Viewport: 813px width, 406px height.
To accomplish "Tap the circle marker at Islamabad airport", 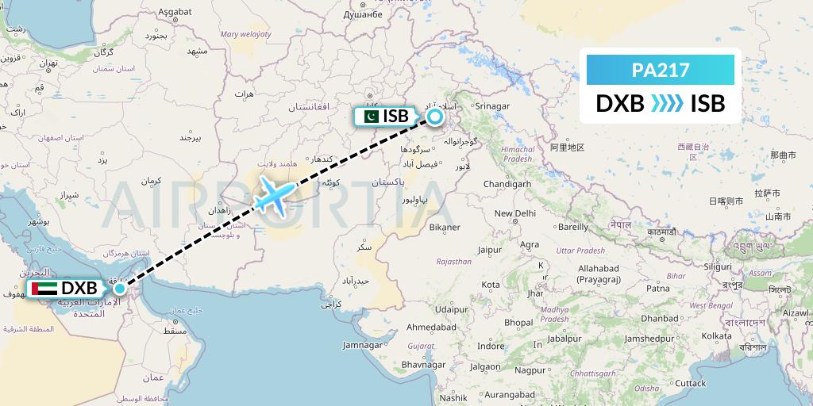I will pyautogui.click(x=435, y=117).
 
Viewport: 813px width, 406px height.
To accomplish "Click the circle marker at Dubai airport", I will pyautogui.click(x=119, y=288).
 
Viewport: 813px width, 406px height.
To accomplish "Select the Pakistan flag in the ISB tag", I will pyautogui.click(x=369, y=117).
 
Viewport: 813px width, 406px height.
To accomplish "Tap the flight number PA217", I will pyautogui.click(x=660, y=70).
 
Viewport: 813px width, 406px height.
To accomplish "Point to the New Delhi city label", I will pyautogui.click(x=515, y=213).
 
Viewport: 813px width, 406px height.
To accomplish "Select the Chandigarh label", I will pyautogui.click(x=507, y=184).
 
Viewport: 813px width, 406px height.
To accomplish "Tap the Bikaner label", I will pyautogui.click(x=445, y=228).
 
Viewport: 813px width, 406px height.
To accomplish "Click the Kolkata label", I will pyautogui.click(x=716, y=336).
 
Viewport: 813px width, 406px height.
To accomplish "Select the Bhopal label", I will pyautogui.click(x=518, y=323).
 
